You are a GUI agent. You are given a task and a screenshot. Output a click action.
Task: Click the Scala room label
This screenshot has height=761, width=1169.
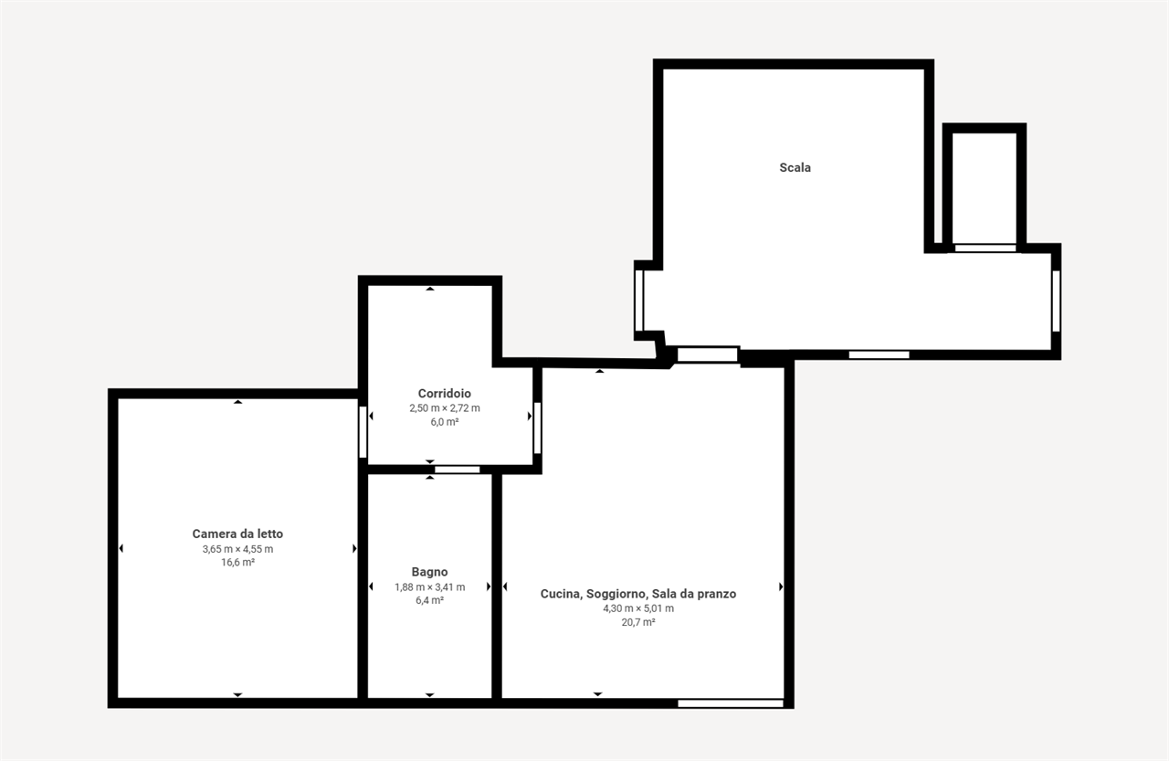[795, 167]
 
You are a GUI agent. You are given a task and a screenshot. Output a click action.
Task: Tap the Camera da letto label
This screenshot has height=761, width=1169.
[237, 534]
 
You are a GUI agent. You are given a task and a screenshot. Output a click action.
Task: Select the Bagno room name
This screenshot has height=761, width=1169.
[429, 572]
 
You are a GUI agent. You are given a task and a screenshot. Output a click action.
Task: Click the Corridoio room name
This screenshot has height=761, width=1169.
[444, 394]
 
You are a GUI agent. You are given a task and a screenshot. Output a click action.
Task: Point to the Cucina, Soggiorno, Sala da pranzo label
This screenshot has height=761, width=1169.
[638, 594]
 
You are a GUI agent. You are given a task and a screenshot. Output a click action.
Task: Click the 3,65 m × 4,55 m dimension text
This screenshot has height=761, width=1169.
[237, 549]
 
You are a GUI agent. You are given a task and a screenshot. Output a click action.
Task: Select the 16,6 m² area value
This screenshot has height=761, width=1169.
[237, 562]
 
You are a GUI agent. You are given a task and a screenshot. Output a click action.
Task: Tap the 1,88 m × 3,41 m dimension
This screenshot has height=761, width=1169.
[429, 587]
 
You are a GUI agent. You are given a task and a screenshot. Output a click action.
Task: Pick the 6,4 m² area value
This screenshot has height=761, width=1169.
[429, 600]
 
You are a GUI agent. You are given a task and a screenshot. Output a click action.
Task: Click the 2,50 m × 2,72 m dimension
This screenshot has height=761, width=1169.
[444, 408]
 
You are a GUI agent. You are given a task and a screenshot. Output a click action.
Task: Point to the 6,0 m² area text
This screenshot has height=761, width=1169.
[444, 422]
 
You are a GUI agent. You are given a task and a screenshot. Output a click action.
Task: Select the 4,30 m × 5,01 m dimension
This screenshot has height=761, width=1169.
[638, 608]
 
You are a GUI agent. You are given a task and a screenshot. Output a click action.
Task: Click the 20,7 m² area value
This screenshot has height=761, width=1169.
[638, 622]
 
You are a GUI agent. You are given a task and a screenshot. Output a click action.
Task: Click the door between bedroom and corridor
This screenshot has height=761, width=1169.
[363, 432]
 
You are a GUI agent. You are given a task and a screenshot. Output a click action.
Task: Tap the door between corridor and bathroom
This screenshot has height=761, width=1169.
[458, 470]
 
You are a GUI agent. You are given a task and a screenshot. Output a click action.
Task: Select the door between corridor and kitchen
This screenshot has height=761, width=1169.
[538, 428]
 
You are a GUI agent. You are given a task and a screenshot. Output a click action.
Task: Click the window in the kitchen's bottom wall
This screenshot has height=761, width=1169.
[731, 703]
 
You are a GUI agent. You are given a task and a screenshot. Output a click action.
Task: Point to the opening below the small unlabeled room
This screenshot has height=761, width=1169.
[985, 248]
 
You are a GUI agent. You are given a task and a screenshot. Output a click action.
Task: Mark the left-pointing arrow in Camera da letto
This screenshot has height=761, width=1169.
[121, 548]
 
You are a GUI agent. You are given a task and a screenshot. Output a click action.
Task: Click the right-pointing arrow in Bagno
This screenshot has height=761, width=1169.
[489, 587]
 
